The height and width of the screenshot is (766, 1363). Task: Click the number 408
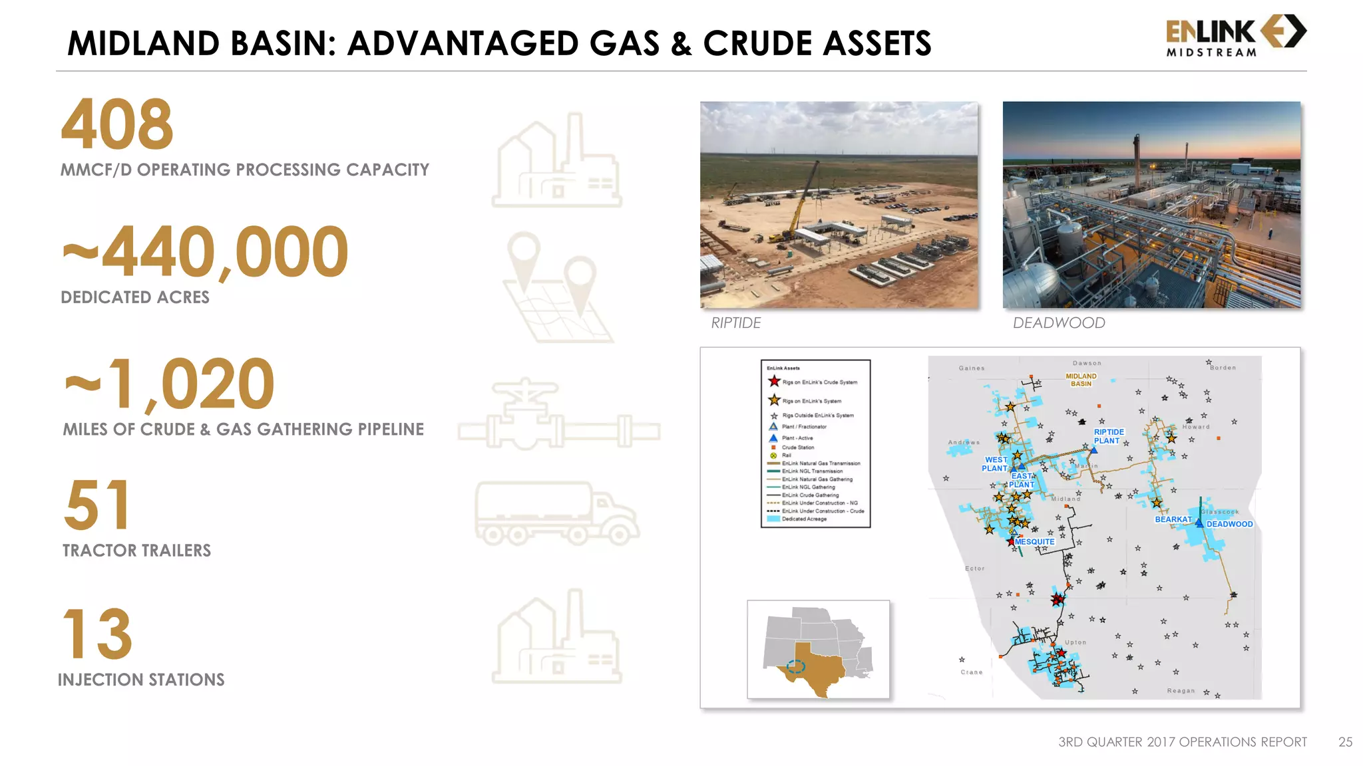click(x=117, y=124)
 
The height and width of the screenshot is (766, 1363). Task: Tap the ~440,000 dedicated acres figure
click(x=205, y=252)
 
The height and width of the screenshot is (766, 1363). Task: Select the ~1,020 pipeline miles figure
click(x=170, y=384)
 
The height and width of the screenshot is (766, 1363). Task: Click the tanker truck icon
click(x=556, y=513)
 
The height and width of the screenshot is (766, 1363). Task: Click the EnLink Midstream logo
click(x=1235, y=36)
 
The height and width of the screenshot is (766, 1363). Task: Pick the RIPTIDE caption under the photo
click(x=735, y=323)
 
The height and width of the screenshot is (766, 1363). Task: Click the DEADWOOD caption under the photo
click(x=1058, y=323)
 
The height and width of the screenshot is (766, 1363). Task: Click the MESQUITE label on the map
click(x=1034, y=542)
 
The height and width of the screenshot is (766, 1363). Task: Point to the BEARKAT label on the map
click(x=1173, y=519)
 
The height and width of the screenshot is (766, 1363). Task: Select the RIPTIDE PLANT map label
click(x=1108, y=436)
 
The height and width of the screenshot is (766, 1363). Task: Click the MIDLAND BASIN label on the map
click(x=1081, y=380)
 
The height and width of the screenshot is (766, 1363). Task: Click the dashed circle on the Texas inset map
click(x=795, y=666)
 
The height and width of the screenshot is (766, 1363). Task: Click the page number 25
click(x=1345, y=742)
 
